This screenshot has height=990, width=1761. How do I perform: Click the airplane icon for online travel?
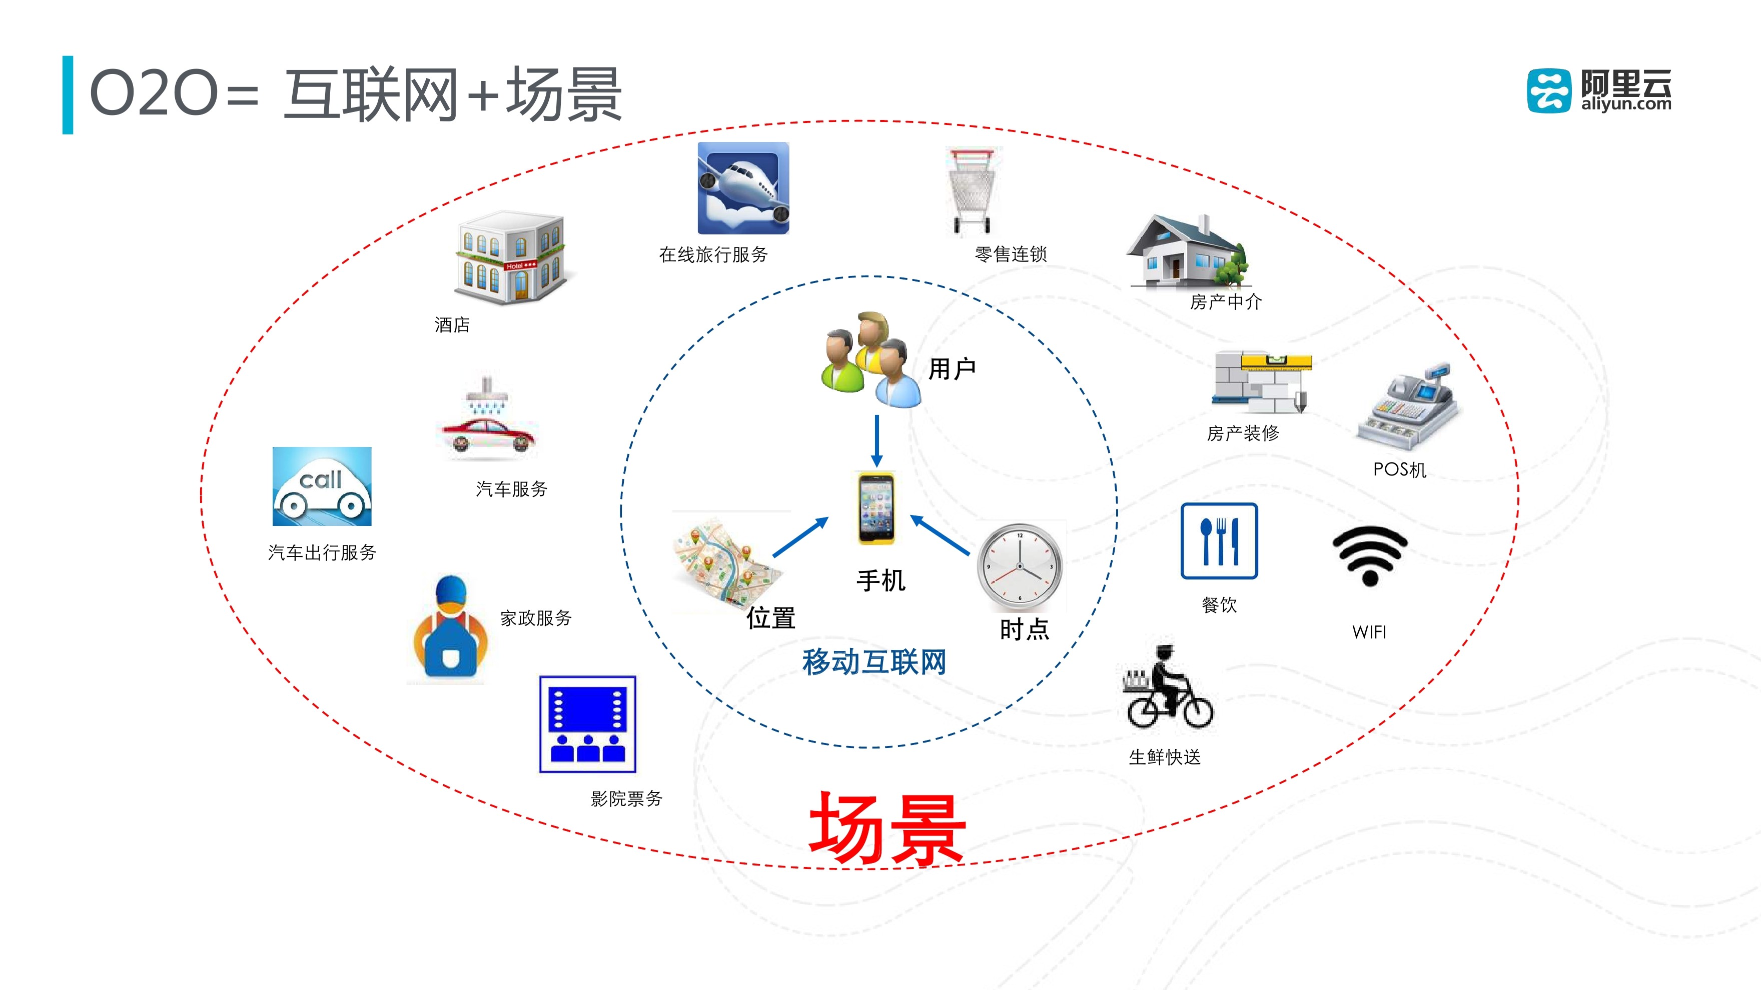(743, 188)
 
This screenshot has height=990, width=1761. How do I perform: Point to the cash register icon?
(1408, 406)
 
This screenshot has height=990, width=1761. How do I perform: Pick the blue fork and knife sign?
(1219, 541)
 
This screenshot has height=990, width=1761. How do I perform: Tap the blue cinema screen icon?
(587, 724)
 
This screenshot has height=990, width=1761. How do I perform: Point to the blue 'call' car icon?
(322, 486)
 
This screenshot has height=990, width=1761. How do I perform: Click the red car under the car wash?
(487, 434)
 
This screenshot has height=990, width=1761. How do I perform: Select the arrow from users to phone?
(876, 440)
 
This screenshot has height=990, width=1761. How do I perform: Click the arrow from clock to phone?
(940, 534)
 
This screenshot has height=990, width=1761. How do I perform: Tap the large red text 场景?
(887, 829)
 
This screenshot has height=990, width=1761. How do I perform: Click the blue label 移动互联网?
(874, 662)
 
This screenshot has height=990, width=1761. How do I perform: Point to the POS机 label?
(1399, 469)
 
